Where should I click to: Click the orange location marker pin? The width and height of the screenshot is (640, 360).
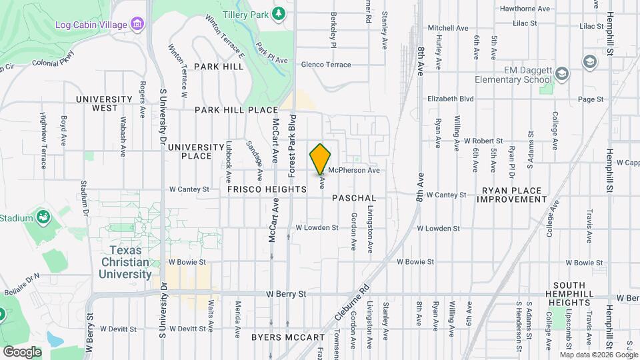tap(321, 159)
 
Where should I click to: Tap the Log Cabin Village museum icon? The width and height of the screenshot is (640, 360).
tap(137, 24)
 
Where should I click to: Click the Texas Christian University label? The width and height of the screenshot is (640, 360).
tap(131, 262)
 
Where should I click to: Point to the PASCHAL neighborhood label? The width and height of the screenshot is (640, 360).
tap(354, 199)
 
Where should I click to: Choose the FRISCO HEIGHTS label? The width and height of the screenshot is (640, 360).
tap(267, 189)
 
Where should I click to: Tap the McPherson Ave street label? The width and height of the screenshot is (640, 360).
tap(353, 170)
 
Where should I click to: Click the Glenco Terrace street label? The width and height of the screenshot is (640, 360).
tap(326, 65)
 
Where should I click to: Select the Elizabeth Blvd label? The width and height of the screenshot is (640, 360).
tap(451, 99)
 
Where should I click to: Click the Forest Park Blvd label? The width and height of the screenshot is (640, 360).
tap(292, 145)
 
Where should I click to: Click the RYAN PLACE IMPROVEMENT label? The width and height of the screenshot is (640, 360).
tap(513, 195)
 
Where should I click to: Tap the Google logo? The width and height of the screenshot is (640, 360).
tap(21, 351)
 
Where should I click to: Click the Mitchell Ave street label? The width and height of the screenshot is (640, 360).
tap(448, 28)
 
